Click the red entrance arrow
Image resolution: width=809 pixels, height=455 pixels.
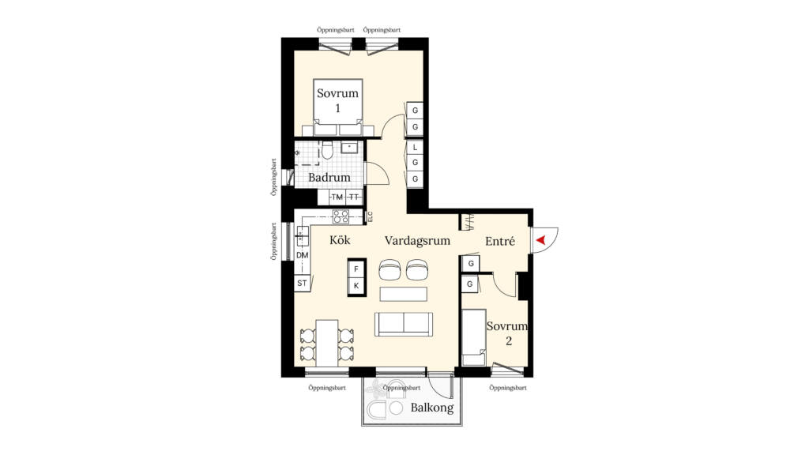[540, 239]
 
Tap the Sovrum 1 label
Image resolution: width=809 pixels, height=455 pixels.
[337, 100]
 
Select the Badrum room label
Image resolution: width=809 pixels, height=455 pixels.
[329, 178]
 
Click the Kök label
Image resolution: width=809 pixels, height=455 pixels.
[340, 240]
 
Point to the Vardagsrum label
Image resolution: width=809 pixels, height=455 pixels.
[417, 240]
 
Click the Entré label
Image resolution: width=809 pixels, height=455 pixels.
[500, 242]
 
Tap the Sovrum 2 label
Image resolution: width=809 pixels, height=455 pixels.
[506, 333]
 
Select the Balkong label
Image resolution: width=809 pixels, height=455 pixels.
[432, 408]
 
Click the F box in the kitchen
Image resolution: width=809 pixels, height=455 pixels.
[356, 269]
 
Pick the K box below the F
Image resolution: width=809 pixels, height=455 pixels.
[356, 285]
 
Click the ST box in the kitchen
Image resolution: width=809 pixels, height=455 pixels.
[302, 283]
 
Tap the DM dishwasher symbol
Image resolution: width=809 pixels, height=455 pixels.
[302, 255]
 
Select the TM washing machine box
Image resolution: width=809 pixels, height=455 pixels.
[337, 197]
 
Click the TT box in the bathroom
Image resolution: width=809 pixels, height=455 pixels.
[355, 197]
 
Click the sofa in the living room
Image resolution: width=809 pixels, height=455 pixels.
[403, 323]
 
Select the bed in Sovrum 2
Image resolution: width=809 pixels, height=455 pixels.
[472, 338]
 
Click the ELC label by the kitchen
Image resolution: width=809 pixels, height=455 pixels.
[370, 215]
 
